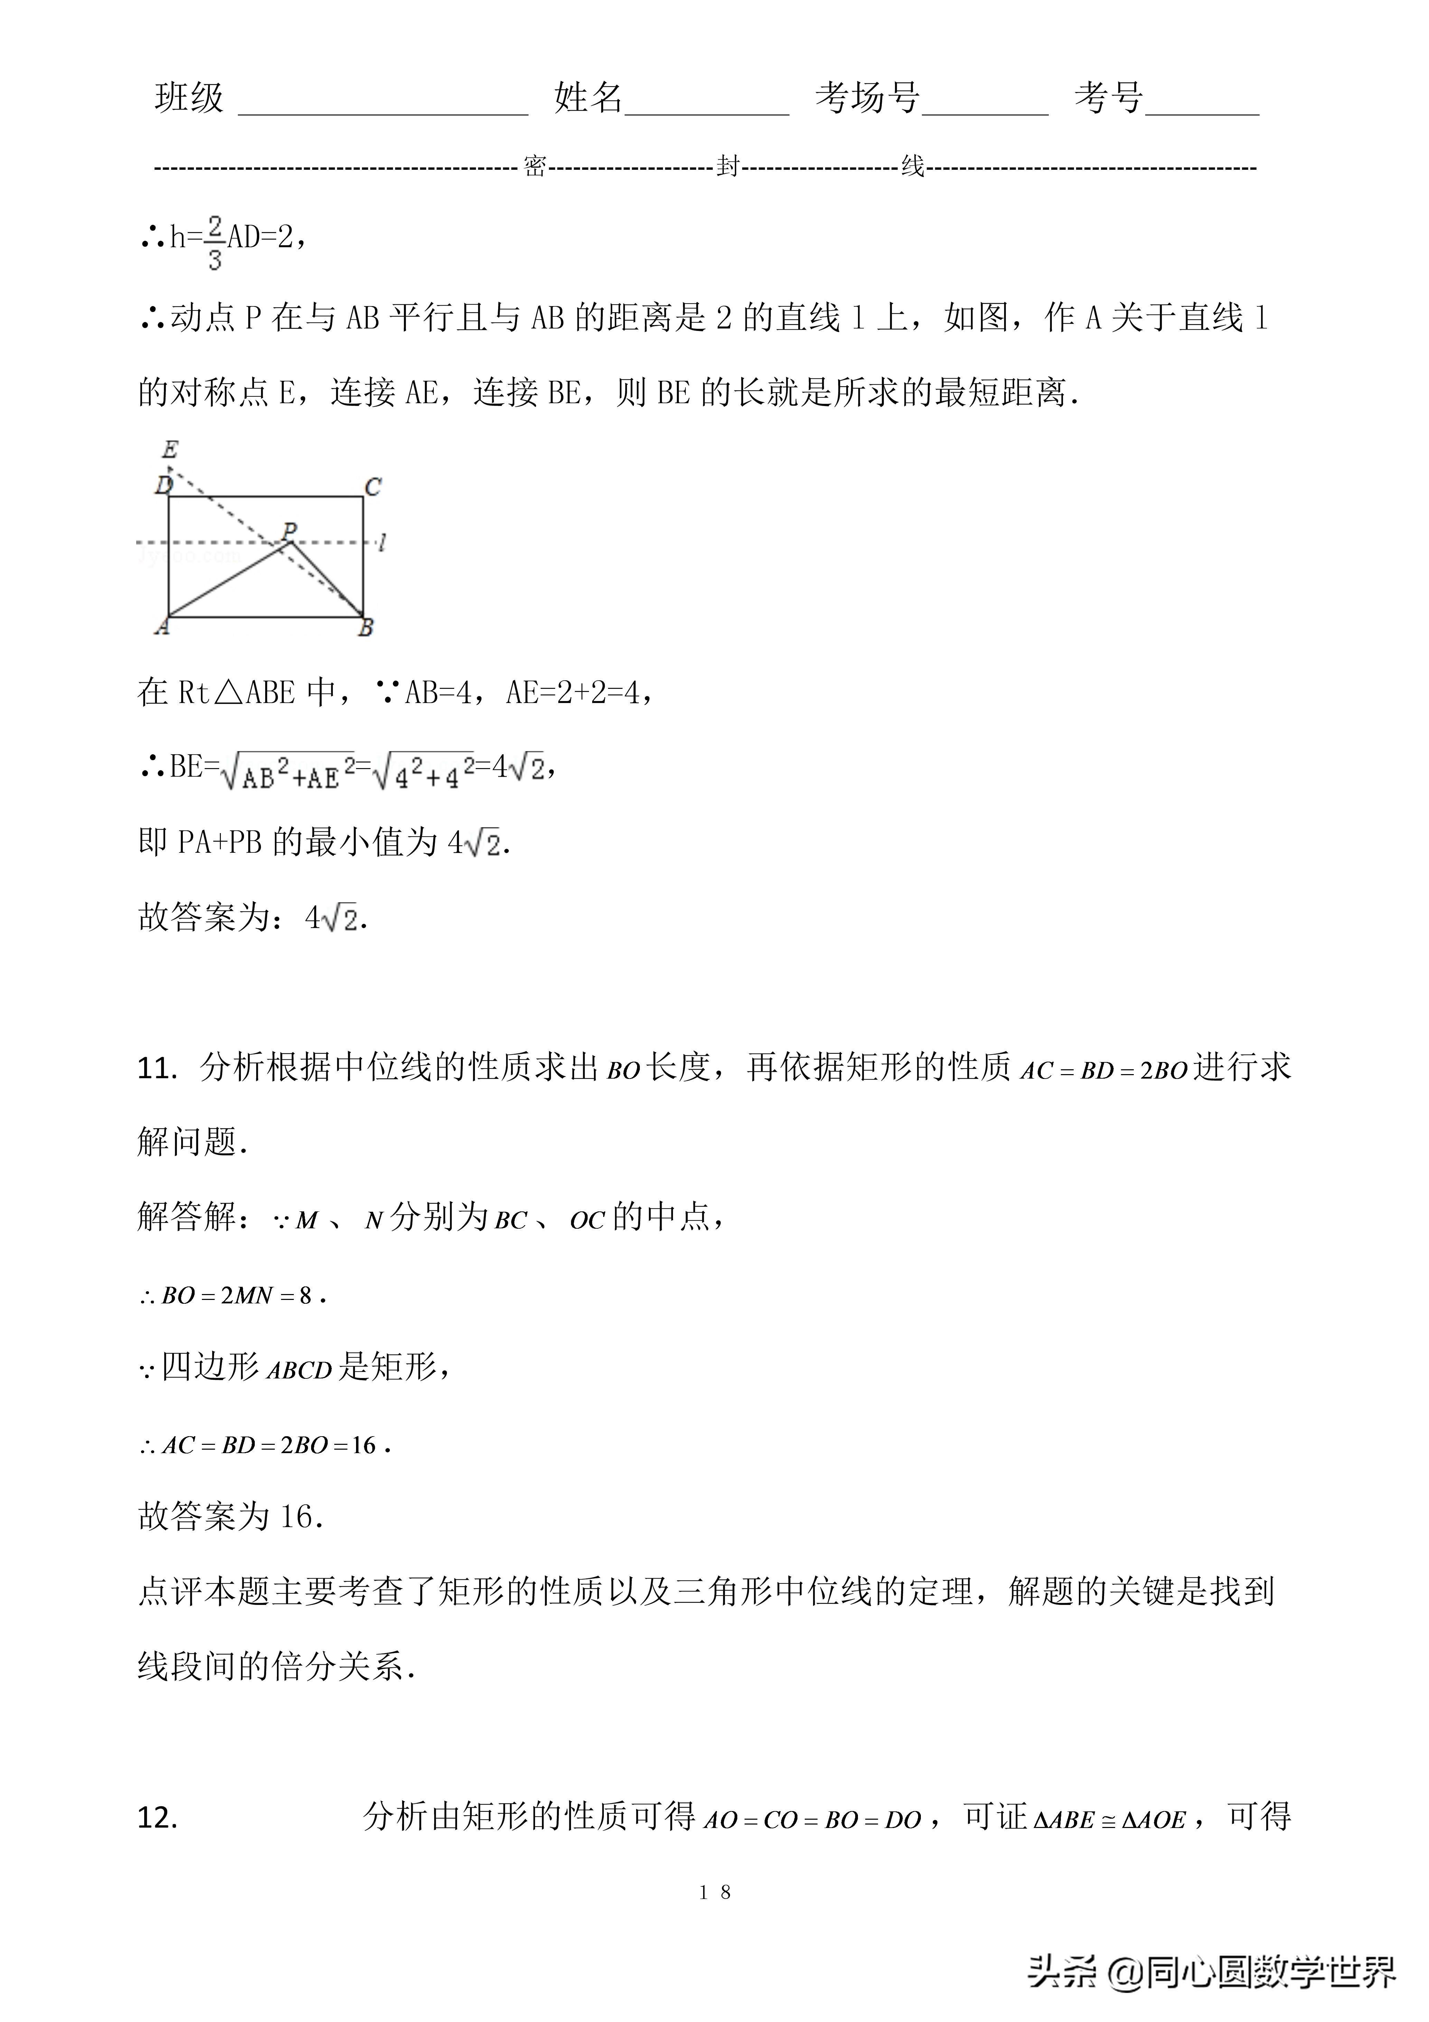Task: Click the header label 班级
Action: point(189,98)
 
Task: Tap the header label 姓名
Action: point(588,98)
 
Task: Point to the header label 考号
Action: point(1109,98)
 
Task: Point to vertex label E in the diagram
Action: point(170,450)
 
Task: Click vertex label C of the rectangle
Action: point(373,487)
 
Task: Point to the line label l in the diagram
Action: point(381,543)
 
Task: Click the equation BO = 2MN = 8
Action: point(233,1295)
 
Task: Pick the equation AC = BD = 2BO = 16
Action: point(264,1445)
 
